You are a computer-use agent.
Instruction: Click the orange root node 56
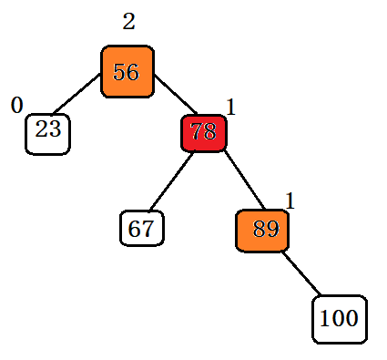(x=127, y=71)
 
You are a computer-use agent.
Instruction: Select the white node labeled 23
(x=47, y=133)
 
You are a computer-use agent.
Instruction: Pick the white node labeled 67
(x=141, y=228)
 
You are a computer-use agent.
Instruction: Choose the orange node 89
(x=262, y=230)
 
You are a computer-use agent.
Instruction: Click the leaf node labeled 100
(x=340, y=319)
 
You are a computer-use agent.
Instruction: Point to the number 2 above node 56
(x=128, y=22)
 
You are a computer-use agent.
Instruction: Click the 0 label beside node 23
(x=16, y=106)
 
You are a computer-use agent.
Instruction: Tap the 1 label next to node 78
(x=230, y=108)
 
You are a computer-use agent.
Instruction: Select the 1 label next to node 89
(x=290, y=201)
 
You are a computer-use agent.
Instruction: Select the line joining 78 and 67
(x=169, y=183)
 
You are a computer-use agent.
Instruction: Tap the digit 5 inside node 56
(x=119, y=72)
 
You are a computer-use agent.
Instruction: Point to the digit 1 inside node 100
(x=325, y=320)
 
